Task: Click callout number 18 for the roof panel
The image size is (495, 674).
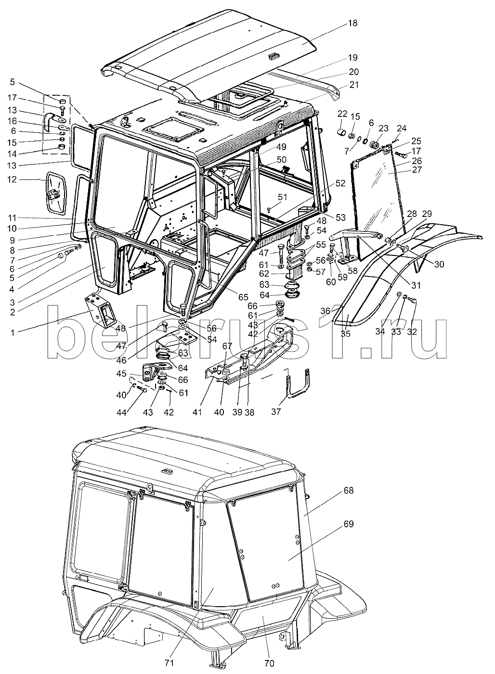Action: [353, 23]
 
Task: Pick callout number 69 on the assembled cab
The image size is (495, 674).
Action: [348, 524]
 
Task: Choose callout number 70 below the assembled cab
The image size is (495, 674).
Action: [269, 663]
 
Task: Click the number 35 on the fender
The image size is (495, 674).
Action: [345, 334]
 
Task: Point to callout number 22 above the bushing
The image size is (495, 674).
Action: [342, 114]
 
